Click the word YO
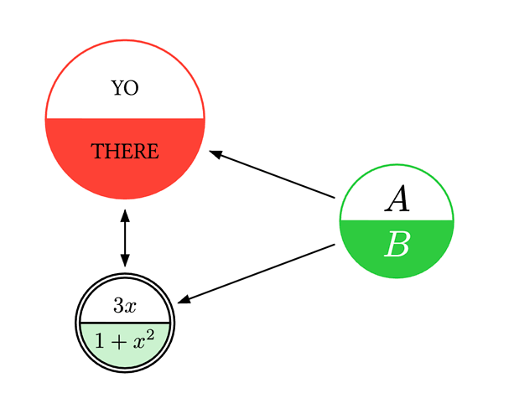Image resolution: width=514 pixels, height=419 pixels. pos(124,88)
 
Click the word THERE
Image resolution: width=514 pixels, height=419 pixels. pos(124,152)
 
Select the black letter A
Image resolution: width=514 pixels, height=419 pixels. pos(397,200)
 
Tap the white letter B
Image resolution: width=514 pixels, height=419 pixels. pos(397,246)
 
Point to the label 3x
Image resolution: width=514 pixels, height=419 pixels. pos(124,306)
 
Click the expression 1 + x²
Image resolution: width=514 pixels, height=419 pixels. pos(124,340)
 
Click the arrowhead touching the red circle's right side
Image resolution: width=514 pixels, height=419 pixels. pos(215,153)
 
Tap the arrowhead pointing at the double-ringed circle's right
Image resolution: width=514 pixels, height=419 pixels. pos(184,299)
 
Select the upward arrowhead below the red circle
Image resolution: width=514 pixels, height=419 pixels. pos(124,215)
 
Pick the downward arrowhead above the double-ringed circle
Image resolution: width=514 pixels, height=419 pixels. pos(124,261)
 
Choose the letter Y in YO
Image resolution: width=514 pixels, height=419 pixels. pos(117,88)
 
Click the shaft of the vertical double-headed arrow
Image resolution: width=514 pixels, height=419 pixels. pos(124,238)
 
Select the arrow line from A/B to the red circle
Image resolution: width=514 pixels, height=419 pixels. pos(277,176)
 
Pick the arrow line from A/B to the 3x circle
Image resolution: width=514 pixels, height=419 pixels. pos(260,272)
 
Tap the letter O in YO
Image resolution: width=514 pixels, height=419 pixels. pos(132,88)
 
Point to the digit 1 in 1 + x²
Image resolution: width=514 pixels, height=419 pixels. pos(101,341)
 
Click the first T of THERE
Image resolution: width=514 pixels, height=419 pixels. pos(96,152)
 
